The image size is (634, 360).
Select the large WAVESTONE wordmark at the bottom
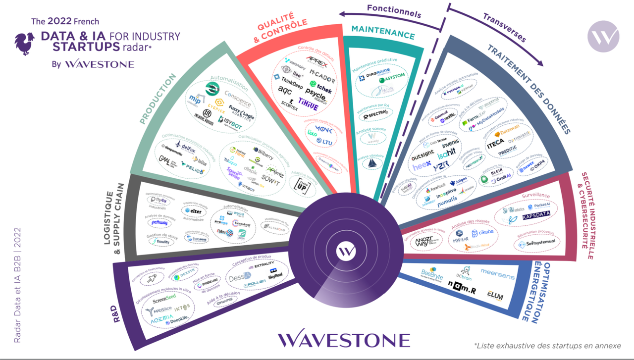(344, 340)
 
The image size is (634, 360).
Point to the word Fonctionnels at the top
(394, 10)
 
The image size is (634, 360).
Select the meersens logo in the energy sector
(498, 271)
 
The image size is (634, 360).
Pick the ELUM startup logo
(495, 296)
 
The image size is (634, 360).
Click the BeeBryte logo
(432, 273)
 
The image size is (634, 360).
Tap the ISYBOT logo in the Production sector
(231, 126)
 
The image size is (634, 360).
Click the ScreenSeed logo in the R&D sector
(164, 300)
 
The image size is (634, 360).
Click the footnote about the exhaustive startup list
(547, 345)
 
